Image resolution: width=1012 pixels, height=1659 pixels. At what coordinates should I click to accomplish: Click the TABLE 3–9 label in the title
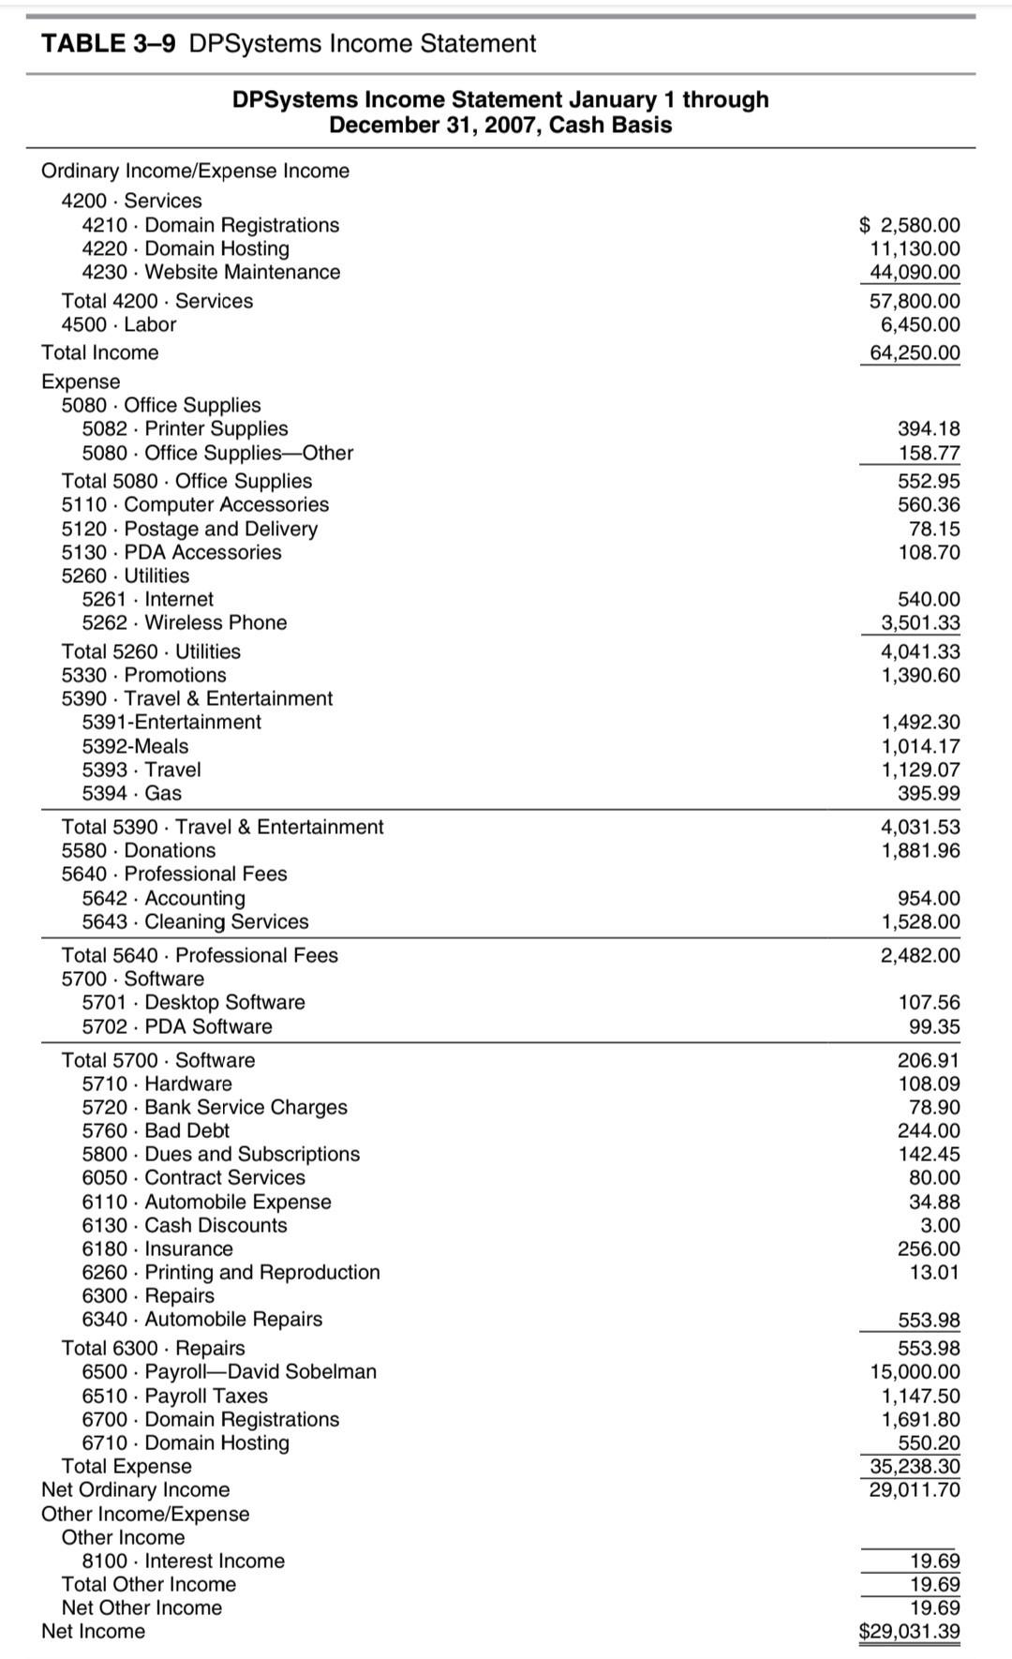[108, 44]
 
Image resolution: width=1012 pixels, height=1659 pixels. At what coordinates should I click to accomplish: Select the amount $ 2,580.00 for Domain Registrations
[909, 225]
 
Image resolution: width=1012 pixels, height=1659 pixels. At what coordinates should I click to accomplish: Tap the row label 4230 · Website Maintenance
[211, 272]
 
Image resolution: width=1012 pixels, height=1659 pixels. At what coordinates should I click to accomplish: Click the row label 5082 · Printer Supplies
[185, 428]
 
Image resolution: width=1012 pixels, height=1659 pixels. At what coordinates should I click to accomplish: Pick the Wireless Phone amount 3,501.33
[920, 622]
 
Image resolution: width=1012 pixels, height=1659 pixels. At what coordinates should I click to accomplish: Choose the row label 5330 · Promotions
[143, 675]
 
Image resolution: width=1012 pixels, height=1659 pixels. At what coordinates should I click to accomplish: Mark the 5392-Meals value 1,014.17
[920, 746]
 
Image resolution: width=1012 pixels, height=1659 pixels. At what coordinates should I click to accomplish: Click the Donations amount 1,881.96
[920, 850]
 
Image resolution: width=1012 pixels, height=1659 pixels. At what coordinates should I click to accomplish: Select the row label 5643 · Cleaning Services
[195, 921]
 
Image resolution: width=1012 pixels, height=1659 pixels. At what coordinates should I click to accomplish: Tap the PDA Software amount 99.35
[934, 1026]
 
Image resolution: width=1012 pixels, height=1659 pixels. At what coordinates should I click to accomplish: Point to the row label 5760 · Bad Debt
[156, 1130]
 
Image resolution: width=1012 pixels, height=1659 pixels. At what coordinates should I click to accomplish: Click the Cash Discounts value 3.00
[941, 1225]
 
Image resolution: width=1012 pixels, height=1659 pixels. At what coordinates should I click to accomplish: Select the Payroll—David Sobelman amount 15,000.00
[915, 1371]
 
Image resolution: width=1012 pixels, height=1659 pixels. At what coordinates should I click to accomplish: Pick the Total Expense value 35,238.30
[915, 1466]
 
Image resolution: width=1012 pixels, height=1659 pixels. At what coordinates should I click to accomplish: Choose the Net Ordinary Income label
[135, 1489]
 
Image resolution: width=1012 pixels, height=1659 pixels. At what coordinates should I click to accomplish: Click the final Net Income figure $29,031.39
[909, 1631]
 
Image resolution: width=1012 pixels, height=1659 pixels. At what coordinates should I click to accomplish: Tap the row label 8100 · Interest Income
[183, 1561]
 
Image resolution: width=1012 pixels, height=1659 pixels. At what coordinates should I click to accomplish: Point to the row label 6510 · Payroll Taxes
[174, 1396]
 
